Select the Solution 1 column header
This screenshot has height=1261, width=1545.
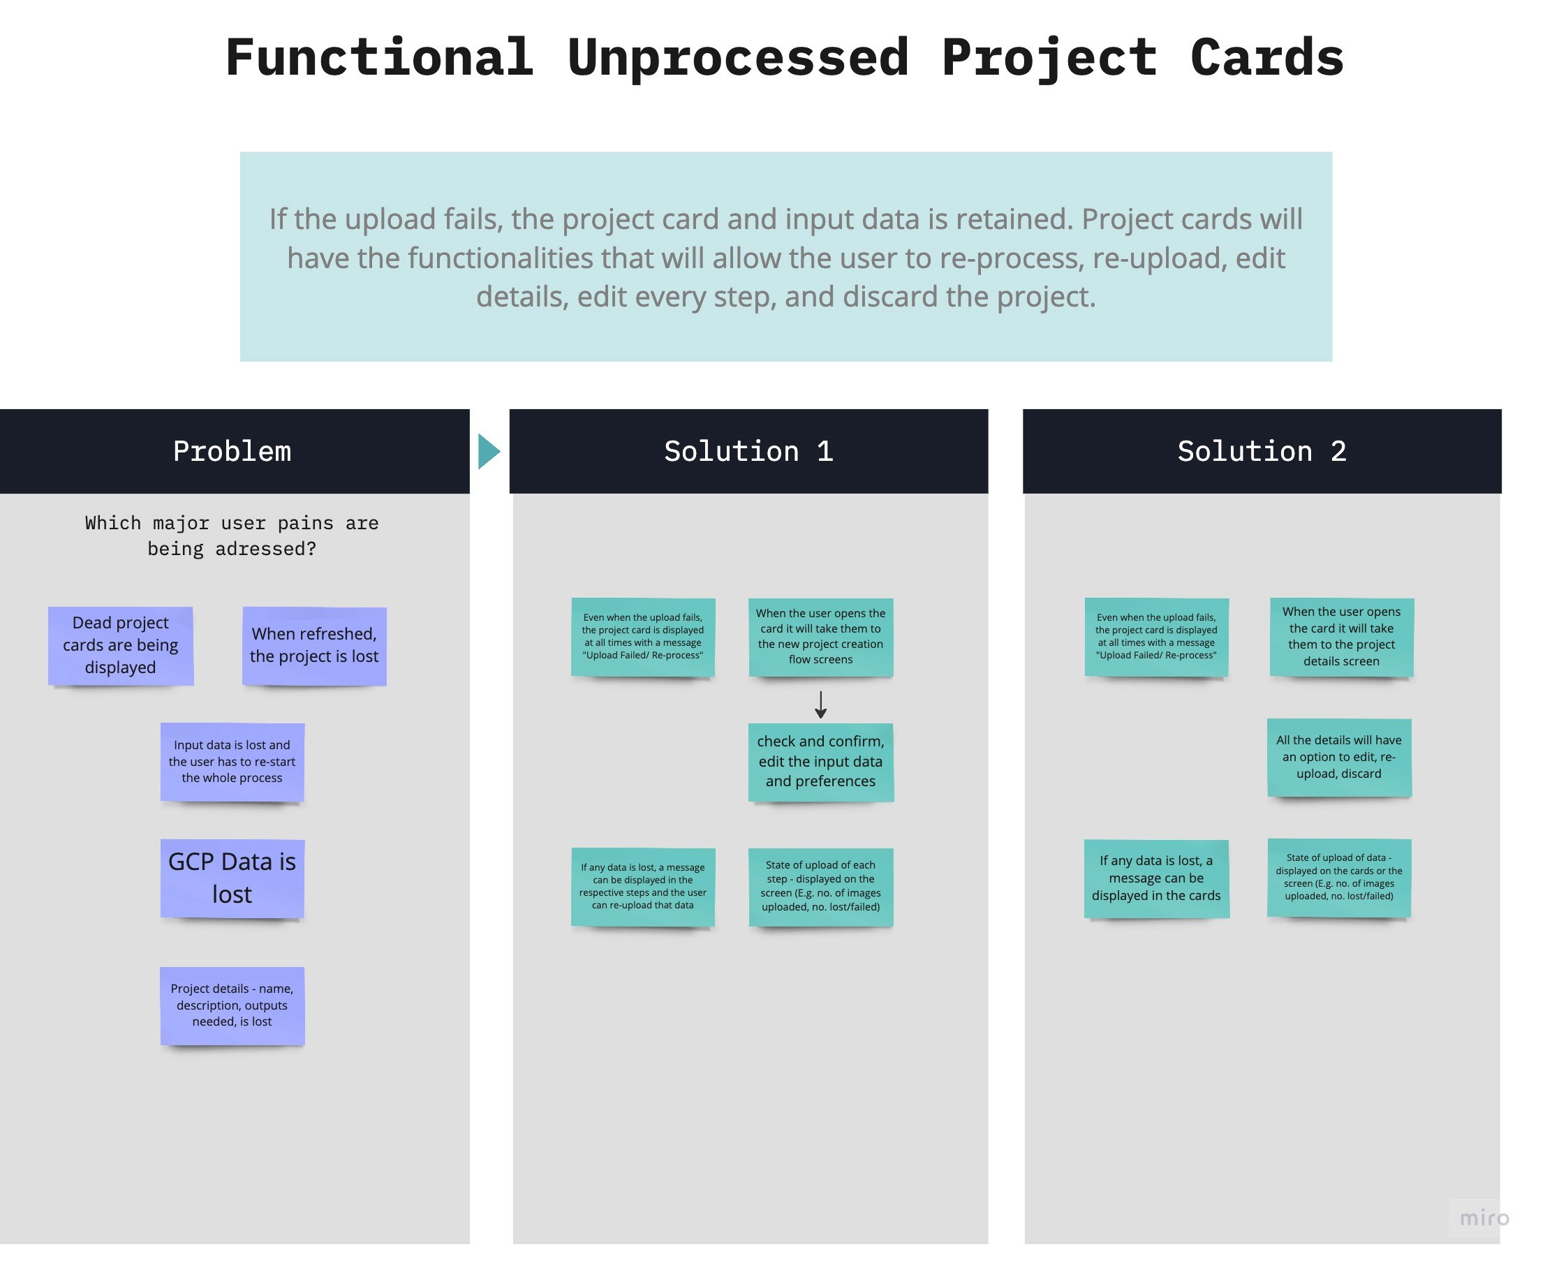point(749,452)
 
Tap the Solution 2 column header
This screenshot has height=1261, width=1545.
point(1262,452)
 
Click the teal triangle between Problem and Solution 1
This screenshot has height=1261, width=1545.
point(489,452)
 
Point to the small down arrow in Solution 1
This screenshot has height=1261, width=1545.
point(821,705)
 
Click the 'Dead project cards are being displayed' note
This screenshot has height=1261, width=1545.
point(121,646)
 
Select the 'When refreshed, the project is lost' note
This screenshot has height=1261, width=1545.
point(315,646)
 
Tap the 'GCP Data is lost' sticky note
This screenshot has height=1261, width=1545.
point(232,879)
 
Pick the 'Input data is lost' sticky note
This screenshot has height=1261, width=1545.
point(232,762)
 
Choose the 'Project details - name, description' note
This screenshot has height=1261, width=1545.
point(232,1006)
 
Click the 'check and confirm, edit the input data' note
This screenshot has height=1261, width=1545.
point(821,762)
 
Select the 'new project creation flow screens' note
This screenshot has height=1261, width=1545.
point(821,637)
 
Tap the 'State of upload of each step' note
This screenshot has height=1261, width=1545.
point(821,887)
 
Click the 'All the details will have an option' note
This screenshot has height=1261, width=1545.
point(1340,758)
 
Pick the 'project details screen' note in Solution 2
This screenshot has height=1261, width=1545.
point(1342,637)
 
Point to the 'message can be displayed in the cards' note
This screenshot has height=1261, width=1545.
point(1156,879)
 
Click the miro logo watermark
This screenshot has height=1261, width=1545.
point(1485,1218)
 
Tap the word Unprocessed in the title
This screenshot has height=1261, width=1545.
point(738,57)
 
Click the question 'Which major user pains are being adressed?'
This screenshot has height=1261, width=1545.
point(232,536)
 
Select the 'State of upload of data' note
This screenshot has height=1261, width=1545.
point(1340,878)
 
